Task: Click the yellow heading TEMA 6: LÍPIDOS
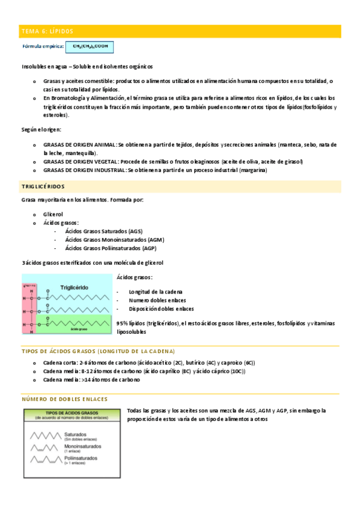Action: click(46, 31)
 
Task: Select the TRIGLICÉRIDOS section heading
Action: click(43, 187)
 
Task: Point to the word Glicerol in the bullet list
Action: click(53, 214)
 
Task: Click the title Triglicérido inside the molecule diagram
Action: click(76, 287)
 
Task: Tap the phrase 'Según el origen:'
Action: click(41, 129)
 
